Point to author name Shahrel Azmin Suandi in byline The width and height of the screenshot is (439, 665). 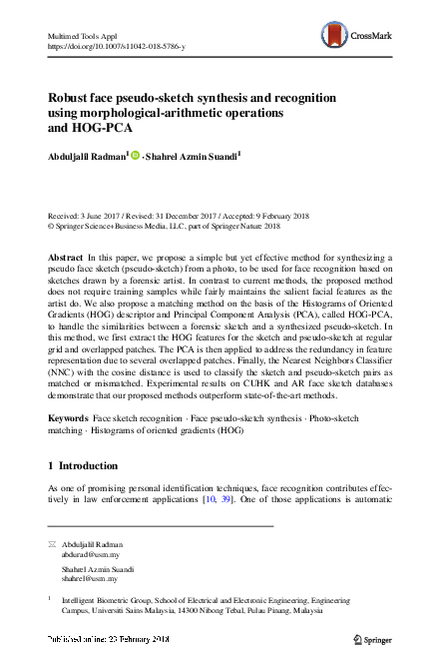(x=195, y=156)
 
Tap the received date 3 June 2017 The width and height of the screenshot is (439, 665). (x=105, y=216)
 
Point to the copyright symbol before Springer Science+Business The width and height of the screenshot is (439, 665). (x=52, y=227)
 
